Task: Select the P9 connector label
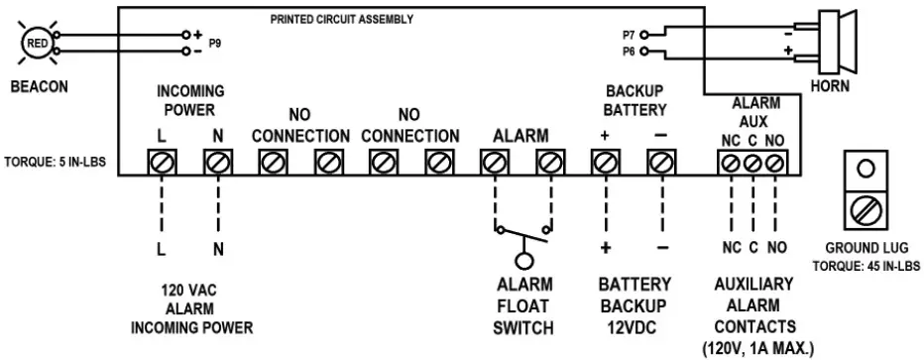pyautogui.click(x=215, y=45)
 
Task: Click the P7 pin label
pyautogui.click(x=628, y=33)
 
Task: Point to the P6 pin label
pyautogui.click(x=628, y=50)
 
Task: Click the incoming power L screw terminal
pyautogui.click(x=161, y=161)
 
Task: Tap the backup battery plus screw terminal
pyautogui.click(x=604, y=161)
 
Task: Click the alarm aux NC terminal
pyautogui.click(x=731, y=162)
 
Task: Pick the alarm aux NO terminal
pyautogui.click(x=775, y=162)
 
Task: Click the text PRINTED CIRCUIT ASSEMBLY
pyautogui.click(x=342, y=20)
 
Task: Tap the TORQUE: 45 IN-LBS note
pyautogui.click(x=866, y=267)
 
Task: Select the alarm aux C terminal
pyautogui.click(x=752, y=162)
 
